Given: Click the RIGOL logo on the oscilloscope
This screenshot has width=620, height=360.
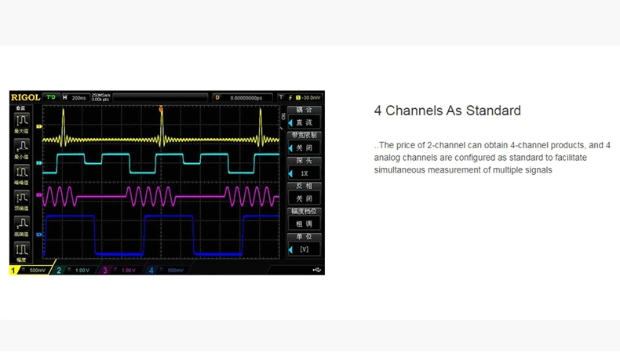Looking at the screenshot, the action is click(25, 97).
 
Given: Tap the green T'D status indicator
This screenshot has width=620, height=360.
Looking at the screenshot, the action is click(51, 97).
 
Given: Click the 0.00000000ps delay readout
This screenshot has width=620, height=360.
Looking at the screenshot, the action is click(246, 97).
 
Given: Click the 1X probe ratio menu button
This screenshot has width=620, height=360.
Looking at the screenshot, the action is click(304, 173).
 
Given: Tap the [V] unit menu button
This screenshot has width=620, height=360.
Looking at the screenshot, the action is click(304, 249).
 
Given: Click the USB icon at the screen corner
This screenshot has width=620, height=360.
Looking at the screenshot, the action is click(316, 270).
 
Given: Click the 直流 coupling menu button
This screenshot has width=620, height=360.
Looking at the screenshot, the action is click(304, 123).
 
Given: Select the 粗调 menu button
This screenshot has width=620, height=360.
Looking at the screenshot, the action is click(304, 224).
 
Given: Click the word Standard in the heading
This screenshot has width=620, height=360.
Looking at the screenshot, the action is click(494, 111).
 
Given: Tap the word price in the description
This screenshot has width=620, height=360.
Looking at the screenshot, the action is click(407, 145).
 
